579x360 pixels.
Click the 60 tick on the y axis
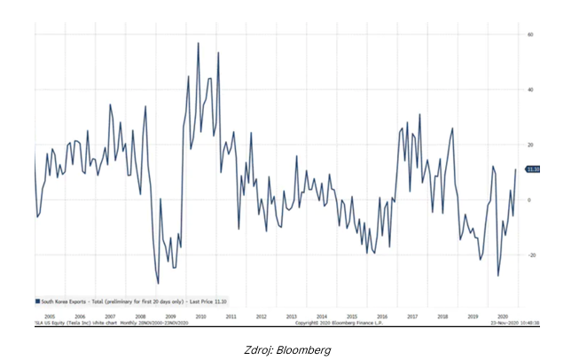point(528,35)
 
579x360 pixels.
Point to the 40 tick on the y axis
point(528,90)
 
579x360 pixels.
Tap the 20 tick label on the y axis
point(528,145)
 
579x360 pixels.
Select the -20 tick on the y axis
point(529,254)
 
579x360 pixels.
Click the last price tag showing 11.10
point(533,169)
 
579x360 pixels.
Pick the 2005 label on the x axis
point(50,315)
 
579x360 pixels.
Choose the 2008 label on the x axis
point(140,315)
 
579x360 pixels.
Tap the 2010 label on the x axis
point(200,315)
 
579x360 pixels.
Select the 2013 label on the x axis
point(291,315)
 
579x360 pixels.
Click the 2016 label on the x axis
point(382,315)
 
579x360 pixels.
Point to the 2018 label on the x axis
point(442,315)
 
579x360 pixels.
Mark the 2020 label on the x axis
point(503,315)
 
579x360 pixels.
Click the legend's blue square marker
point(38,301)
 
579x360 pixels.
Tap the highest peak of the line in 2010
point(198,43)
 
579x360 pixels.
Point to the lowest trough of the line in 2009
point(158,283)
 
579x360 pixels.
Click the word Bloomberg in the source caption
point(309,350)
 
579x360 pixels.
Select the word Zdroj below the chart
point(256,350)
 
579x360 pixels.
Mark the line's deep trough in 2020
point(497,276)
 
